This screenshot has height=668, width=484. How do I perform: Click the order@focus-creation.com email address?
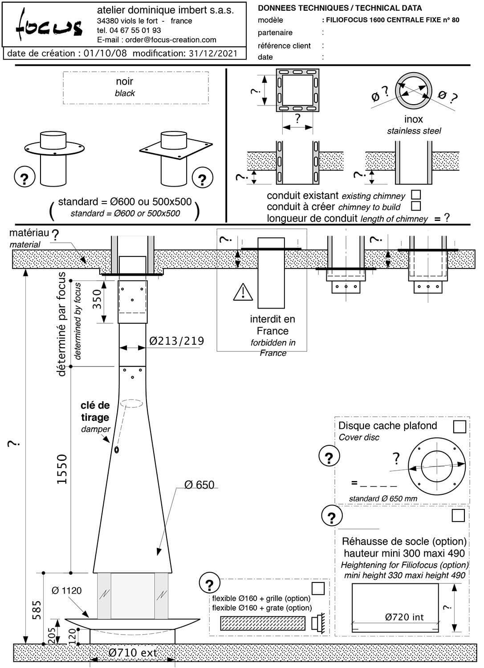[171, 40]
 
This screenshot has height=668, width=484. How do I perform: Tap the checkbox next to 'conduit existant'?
[416, 195]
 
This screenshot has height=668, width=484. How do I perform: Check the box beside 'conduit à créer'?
[416, 206]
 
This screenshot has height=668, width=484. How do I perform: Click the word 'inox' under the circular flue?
[413, 119]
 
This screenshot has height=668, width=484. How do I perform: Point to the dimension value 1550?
[62, 469]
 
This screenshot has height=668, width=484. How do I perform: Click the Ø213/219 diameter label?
[177, 341]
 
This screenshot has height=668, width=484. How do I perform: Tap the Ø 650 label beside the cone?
[199, 485]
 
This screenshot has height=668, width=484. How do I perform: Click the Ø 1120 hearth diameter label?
[67, 591]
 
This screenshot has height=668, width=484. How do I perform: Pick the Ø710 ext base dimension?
[133, 653]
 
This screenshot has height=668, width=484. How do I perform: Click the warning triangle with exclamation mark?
[243, 292]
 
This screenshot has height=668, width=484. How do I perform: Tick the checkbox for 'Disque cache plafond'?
[459, 426]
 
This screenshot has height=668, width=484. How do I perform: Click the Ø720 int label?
[404, 617]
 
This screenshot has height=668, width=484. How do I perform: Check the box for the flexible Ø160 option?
[318, 588]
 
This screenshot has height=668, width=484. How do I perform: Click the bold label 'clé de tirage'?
[95, 411]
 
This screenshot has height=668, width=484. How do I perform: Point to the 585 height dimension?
[37, 610]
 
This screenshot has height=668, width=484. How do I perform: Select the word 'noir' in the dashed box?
[125, 81]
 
